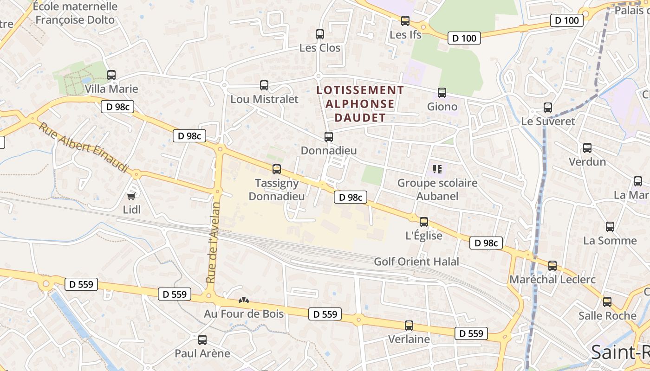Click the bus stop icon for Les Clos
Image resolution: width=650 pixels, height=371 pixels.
point(319,34)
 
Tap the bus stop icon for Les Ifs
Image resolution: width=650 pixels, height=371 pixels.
point(405,21)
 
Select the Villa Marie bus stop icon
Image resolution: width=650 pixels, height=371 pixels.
point(111,75)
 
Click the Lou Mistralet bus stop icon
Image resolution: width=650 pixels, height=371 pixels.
point(264,85)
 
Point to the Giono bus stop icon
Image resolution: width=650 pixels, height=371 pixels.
point(442,93)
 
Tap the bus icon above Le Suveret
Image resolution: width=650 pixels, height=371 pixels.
point(548,108)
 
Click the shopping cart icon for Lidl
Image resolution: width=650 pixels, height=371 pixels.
point(131,196)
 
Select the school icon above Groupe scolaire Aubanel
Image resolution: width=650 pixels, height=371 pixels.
point(437,169)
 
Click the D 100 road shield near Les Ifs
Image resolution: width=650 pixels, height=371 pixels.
point(464,38)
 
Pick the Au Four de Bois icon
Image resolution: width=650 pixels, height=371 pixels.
point(244,301)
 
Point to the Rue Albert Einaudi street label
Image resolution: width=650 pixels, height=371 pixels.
point(83,147)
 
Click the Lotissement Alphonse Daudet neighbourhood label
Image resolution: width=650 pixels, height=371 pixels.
point(360,103)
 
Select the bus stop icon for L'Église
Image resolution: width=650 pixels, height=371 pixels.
point(424,222)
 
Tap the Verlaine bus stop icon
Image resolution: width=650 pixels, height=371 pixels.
point(409,326)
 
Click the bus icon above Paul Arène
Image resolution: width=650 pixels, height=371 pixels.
point(202,339)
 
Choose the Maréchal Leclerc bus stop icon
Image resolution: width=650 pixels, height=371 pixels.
point(552,266)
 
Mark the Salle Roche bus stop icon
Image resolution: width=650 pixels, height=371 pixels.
point(607,302)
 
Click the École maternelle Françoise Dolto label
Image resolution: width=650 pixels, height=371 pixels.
point(75,13)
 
